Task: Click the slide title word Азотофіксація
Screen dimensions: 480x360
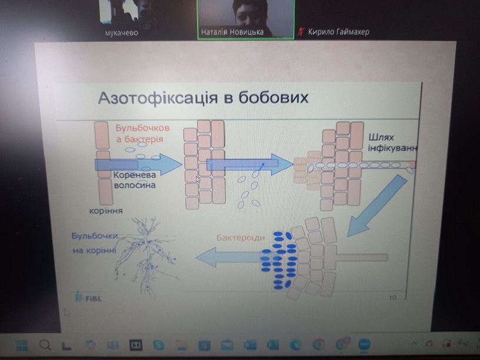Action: (x=158, y=98)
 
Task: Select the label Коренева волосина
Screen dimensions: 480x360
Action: (x=135, y=180)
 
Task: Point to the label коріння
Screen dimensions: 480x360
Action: (x=106, y=211)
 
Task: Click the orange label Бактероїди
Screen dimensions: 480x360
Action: (x=241, y=238)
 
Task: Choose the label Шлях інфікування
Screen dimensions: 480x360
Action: (x=392, y=143)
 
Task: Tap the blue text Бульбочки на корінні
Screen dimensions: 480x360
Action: (x=95, y=243)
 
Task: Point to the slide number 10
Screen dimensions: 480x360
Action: (x=392, y=297)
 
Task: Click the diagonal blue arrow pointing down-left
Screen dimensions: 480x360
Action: (x=377, y=206)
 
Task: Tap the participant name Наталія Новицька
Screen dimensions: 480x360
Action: (x=232, y=32)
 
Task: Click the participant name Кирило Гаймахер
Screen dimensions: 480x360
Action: (x=339, y=32)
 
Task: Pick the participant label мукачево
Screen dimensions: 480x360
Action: (x=122, y=33)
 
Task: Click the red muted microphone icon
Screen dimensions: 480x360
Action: (x=301, y=32)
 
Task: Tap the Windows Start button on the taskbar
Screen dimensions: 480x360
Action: (x=22, y=345)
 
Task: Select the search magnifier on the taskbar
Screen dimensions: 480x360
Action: (x=45, y=345)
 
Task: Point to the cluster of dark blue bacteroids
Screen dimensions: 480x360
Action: (x=278, y=260)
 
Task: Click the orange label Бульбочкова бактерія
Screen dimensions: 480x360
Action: (x=142, y=134)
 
